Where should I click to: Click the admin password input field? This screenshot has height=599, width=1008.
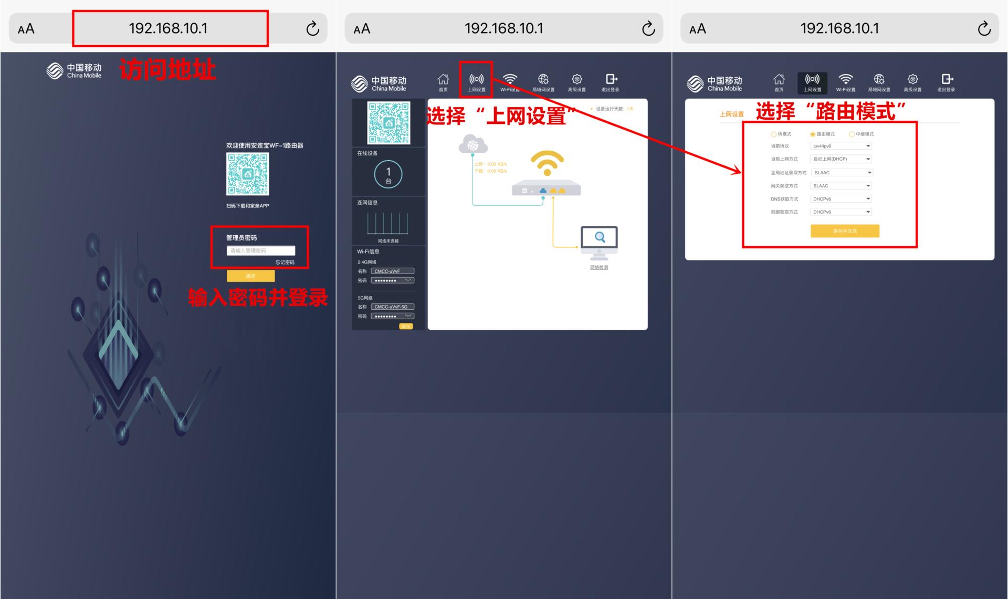tap(260, 250)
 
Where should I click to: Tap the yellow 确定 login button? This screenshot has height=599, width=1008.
tap(250, 276)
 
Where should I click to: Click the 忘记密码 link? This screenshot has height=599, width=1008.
tap(285, 262)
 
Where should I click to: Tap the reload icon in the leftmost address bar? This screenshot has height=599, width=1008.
tap(312, 28)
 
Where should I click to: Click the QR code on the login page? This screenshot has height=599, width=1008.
tap(247, 174)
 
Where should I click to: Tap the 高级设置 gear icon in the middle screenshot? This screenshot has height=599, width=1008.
tap(576, 80)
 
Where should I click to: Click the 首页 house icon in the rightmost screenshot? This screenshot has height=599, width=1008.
tap(779, 80)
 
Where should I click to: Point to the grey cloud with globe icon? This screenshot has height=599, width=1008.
tap(472, 144)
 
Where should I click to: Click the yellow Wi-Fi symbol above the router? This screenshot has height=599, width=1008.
tap(547, 163)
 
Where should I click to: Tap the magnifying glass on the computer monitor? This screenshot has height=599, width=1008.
tap(600, 237)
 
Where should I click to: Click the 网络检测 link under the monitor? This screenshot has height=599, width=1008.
tap(599, 267)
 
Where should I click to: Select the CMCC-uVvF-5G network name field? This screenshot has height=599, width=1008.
tap(392, 307)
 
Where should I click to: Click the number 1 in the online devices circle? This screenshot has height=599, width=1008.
tap(388, 172)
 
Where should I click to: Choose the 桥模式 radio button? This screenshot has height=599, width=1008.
tap(773, 134)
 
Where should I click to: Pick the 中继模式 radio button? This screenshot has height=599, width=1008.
tap(852, 134)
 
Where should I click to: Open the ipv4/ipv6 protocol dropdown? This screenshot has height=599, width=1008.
tap(841, 146)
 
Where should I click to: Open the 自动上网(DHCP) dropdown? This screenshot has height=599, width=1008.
tap(841, 159)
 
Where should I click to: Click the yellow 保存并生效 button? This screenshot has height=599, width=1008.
tap(844, 231)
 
